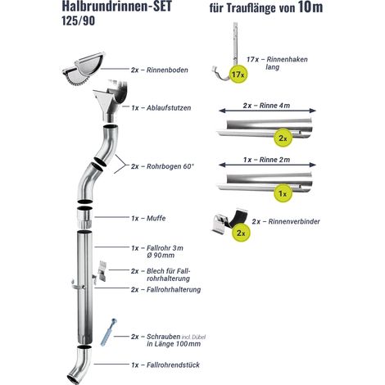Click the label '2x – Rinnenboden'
pos(160,70)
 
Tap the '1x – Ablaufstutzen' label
pos(161,108)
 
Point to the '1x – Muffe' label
pos(148,219)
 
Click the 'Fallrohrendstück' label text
pos(173,365)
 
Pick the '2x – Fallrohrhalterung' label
pos(165,289)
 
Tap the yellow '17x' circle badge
pos(238,74)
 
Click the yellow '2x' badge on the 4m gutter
pos(283,138)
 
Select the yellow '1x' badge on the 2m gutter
pos(283,193)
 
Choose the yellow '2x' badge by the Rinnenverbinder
pos(241,233)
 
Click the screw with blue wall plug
pos(109,333)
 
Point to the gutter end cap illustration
pos(83,68)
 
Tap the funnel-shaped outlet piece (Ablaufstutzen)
pos(111,101)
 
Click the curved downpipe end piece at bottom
pos(80,365)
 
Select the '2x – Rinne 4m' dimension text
pos(266,106)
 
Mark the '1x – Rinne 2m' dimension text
pos(266,160)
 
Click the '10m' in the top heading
pos(310,7)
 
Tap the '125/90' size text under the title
pos(79,21)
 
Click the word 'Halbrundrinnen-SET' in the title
pos(117,6)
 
